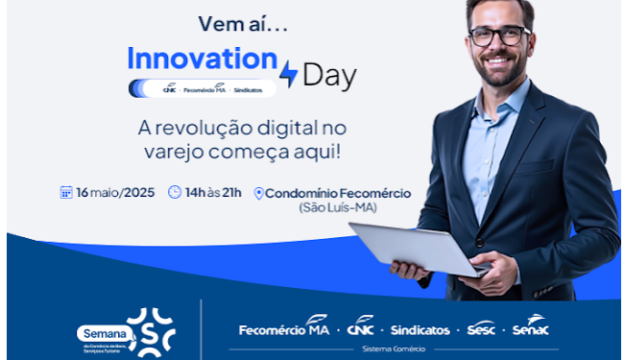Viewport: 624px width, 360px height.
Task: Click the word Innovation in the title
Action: tap(202, 58)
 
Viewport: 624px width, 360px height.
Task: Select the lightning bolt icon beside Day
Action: tap(287, 74)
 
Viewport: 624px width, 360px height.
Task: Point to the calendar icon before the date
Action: tap(66, 192)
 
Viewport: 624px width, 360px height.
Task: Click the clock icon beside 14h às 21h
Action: tap(175, 192)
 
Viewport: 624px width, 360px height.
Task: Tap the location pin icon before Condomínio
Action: tap(258, 194)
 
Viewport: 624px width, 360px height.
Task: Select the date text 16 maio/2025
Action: tap(114, 192)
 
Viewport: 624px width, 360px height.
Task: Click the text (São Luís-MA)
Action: tap(338, 207)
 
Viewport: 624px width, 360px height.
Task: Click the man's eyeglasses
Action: tap(500, 36)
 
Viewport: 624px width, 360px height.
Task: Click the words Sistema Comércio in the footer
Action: tap(393, 349)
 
